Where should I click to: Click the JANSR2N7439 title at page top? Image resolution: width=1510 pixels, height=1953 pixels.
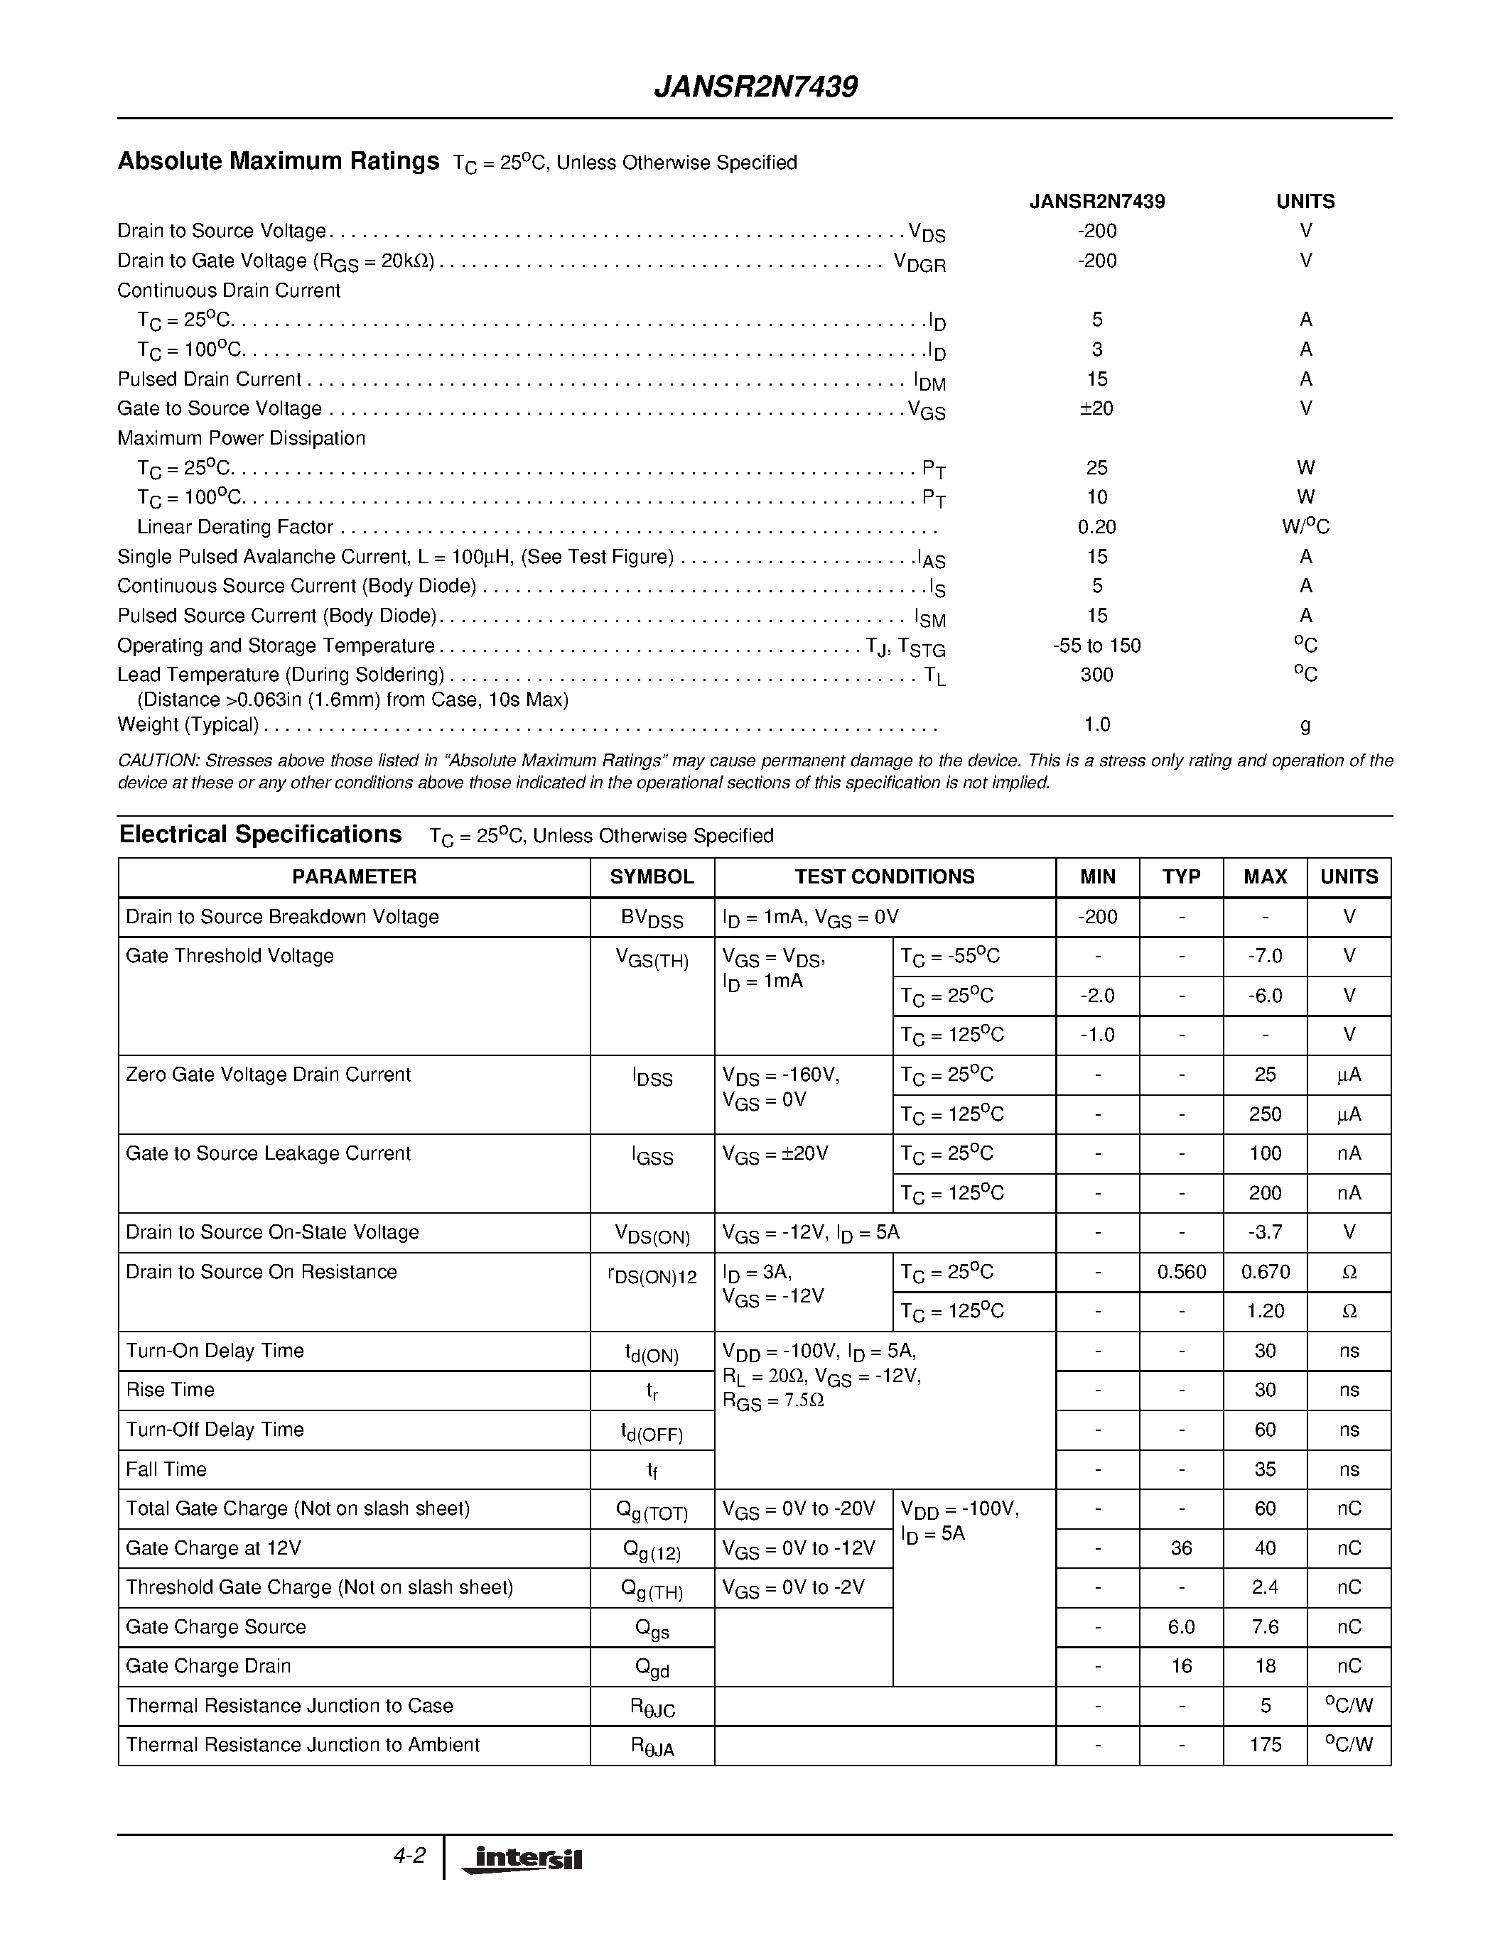[756, 87]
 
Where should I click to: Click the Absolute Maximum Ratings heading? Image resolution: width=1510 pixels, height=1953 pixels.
[279, 161]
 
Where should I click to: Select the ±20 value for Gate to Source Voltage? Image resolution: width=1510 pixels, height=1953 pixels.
[1096, 408]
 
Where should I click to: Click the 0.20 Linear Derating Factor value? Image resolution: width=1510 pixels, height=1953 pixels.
[1096, 527]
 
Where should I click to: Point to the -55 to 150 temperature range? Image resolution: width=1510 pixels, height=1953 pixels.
[1096, 646]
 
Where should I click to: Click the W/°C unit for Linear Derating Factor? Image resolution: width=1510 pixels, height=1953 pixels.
[1305, 527]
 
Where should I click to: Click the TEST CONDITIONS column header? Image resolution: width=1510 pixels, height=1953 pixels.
[885, 876]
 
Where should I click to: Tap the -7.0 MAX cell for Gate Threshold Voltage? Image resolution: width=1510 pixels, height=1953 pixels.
[1265, 957]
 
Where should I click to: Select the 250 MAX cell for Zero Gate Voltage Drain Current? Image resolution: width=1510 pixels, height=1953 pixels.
[1265, 1114]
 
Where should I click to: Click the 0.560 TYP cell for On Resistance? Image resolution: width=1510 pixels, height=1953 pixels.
[1181, 1272]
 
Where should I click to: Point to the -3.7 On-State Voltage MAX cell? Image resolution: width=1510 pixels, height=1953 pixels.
[1265, 1232]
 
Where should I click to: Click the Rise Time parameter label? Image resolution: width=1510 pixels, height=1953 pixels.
[170, 1390]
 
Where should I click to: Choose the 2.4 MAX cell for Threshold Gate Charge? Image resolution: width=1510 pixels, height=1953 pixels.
[1265, 1587]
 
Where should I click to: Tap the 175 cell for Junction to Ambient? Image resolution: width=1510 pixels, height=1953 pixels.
[1265, 1745]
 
